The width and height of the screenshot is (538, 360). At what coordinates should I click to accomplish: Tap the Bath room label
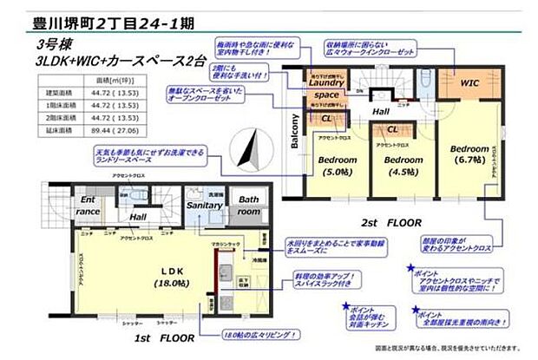point(249,205)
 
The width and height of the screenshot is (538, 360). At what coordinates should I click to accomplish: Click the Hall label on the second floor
point(382,110)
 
